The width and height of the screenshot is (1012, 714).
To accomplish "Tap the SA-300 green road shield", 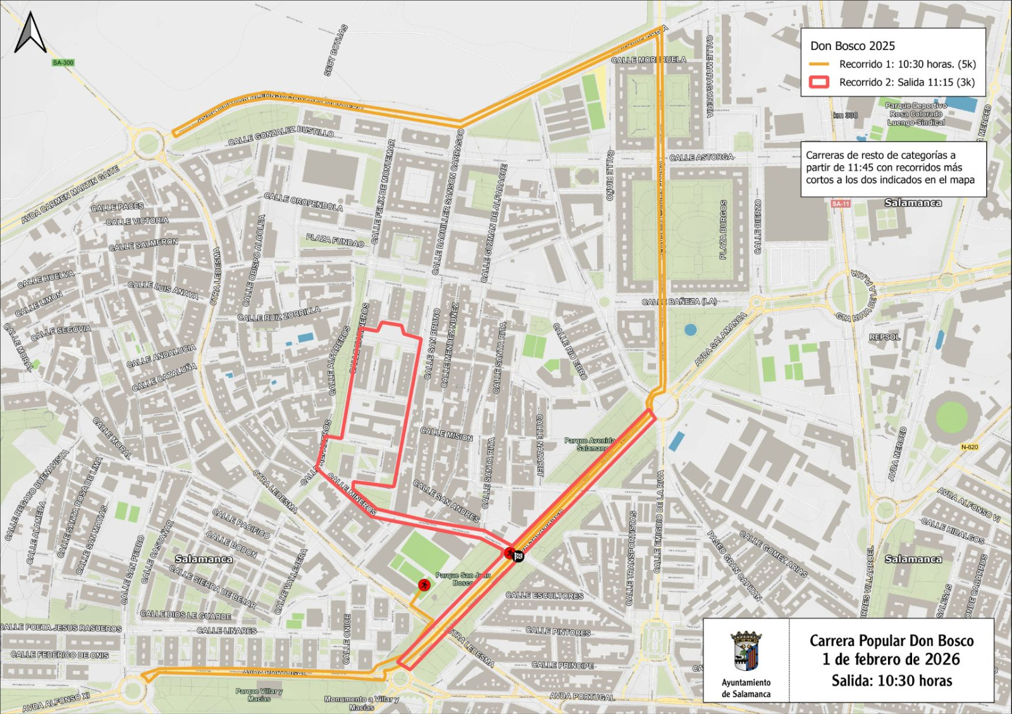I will pyautogui.click(x=63, y=63).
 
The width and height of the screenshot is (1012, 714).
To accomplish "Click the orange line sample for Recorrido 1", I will pyautogui.click(x=818, y=64).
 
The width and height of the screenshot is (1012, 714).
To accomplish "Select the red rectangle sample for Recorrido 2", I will pyautogui.click(x=819, y=82).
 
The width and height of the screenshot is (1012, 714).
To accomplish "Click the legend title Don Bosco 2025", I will pyautogui.click(x=852, y=46).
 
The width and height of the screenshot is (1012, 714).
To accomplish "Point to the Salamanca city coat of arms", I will pyautogui.click(x=746, y=651).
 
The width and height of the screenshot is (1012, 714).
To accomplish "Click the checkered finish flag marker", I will pyautogui.click(x=518, y=556).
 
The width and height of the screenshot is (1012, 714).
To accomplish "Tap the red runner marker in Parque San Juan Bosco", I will pyautogui.click(x=424, y=585).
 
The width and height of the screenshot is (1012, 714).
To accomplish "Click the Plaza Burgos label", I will pyautogui.click(x=724, y=230).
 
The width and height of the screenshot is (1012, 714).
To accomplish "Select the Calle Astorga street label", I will pyautogui.click(x=701, y=157).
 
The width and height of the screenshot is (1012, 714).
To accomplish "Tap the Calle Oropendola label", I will pyautogui.click(x=303, y=202).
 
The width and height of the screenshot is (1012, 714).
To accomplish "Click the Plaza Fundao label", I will pyautogui.click(x=335, y=240).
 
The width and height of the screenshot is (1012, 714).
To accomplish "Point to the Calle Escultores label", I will pyautogui.click(x=544, y=595).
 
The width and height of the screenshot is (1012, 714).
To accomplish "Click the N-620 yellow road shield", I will pyautogui.click(x=969, y=447).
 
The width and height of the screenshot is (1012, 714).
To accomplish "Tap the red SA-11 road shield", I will pyautogui.click(x=841, y=203).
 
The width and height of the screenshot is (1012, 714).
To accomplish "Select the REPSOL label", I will pyautogui.click(x=884, y=337).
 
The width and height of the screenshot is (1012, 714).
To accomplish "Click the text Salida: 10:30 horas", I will pyautogui.click(x=891, y=681).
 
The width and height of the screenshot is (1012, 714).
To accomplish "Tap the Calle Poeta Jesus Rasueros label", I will pyautogui.click(x=61, y=627).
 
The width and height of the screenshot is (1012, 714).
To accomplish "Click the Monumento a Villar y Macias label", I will pyautogui.click(x=361, y=703).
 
